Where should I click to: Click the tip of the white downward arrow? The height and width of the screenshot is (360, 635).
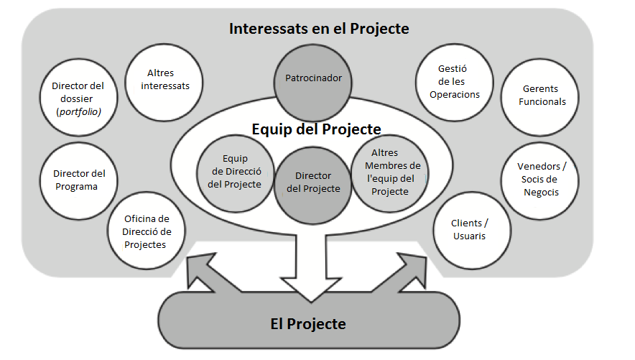coord(311,302)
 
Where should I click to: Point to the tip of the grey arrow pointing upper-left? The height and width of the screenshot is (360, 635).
coord(187,257)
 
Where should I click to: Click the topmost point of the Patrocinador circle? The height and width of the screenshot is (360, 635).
coord(313,45)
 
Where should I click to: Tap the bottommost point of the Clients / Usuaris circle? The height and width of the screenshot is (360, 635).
coord(472,269)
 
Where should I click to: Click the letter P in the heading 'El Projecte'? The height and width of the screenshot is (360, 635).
coord(291,324)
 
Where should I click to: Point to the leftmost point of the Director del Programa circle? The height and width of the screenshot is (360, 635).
coord(40,181)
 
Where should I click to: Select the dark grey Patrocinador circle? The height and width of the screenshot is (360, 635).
coord(313,83)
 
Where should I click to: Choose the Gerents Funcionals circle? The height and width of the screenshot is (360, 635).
coord(540,97)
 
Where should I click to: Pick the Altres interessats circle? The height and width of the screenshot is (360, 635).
coord(164,83)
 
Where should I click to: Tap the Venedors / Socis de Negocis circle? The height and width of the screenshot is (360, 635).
coord(540,181)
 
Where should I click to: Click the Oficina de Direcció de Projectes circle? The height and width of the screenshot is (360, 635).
coord(147,231)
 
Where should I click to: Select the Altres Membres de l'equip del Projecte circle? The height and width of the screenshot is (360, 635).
coord(390,174)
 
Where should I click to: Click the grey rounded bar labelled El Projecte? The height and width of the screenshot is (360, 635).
coord(309,320)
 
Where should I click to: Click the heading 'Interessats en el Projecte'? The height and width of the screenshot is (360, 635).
coord(319,29)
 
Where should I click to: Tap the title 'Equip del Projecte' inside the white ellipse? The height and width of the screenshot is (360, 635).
coord(316,129)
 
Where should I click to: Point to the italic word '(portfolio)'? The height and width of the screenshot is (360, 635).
coord(78,112)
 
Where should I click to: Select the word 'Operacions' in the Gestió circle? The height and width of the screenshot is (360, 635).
coord(455,95)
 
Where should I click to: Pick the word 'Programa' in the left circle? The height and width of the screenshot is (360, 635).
coord(77,187)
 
